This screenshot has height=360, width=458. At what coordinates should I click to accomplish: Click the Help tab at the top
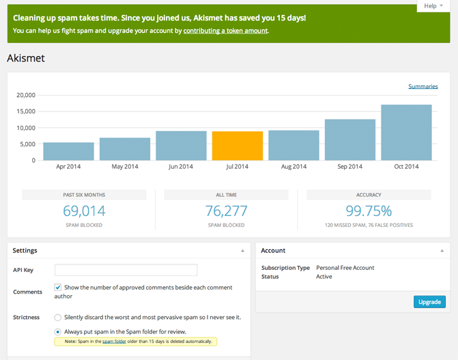pos(433,5)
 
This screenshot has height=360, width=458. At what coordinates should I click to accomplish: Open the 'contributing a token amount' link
pos(225,31)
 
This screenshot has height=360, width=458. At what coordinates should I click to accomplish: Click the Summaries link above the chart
pos(423,86)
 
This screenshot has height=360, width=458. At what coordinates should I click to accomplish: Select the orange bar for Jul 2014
pos(238,146)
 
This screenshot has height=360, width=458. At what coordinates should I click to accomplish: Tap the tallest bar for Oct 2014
pos(406,133)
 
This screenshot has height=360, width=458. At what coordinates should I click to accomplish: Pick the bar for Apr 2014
pos(68,151)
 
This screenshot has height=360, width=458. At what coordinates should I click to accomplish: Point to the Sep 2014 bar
pos(350,140)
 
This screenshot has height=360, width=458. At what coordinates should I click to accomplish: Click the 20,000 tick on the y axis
pos(25,95)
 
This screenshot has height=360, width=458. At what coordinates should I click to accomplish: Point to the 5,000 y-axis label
pos(27,144)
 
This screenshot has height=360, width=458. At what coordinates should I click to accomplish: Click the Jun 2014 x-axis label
pos(181,167)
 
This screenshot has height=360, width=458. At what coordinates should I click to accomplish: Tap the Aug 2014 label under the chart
pos(294,167)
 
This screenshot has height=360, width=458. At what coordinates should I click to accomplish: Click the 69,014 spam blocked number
pos(84,211)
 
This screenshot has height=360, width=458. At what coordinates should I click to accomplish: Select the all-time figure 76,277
pos(227,211)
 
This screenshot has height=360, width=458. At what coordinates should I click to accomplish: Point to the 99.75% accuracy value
pos(369,211)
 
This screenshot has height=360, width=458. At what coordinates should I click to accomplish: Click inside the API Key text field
pos(126,270)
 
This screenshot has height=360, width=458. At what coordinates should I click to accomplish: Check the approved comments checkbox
pos(58,288)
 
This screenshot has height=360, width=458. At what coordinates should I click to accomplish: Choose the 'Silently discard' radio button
pos(58,318)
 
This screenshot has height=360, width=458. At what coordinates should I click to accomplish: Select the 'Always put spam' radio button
pos(58,332)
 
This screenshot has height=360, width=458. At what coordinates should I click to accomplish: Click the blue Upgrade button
pos(429,302)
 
